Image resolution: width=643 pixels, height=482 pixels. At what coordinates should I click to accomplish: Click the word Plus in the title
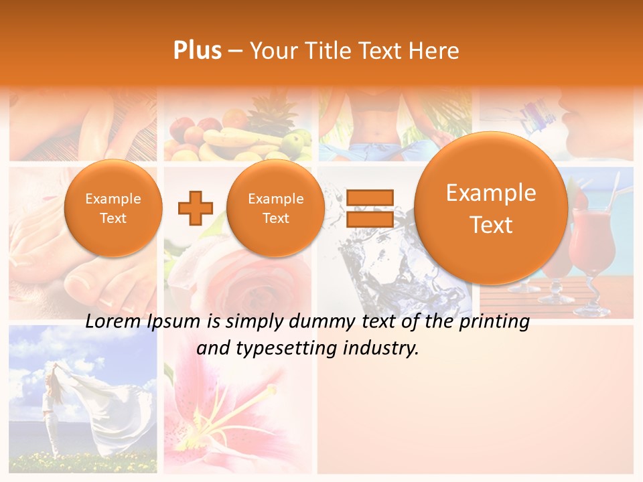click(197, 51)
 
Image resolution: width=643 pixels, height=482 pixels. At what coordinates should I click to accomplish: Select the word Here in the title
click(435, 51)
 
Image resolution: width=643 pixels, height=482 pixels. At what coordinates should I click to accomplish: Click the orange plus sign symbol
click(195, 208)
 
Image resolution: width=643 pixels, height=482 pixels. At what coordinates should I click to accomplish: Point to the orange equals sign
click(370, 208)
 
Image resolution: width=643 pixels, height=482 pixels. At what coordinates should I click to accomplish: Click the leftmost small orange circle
click(113, 208)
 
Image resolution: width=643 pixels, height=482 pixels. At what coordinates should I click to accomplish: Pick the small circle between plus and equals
click(275, 208)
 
